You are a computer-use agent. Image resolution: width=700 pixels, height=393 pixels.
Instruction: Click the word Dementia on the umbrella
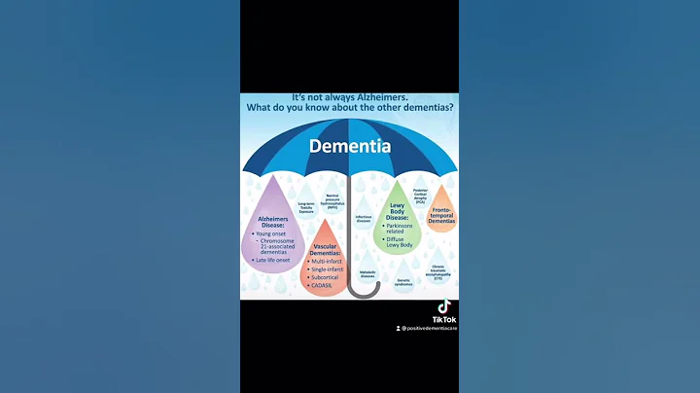[x=350, y=147]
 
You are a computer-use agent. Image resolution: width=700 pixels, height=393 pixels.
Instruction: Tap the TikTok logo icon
[x=443, y=306]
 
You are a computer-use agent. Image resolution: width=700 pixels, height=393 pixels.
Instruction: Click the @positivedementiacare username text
[x=430, y=328]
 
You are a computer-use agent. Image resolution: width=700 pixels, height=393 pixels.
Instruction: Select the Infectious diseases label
[x=363, y=219]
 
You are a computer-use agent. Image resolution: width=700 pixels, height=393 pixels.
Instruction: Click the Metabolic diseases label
[x=367, y=274]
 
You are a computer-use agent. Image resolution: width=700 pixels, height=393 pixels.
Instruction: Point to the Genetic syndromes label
[x=403, y=282]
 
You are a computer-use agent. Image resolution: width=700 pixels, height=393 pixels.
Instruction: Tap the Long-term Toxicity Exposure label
[x=305, y=205]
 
